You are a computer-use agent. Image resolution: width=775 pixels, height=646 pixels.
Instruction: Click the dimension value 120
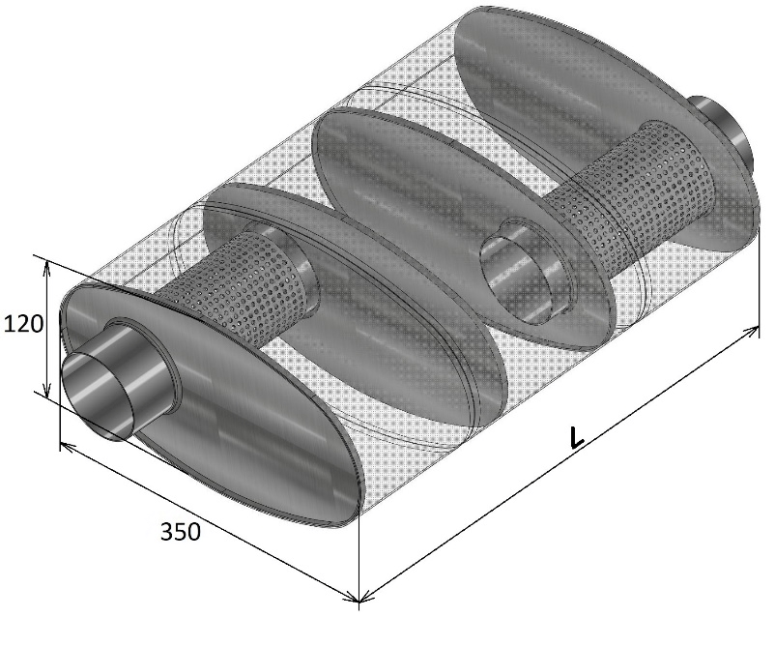pos(23,324)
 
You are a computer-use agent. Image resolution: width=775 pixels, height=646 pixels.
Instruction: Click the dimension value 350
pos(181,532)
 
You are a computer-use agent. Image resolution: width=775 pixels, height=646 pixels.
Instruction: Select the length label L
pos(576,437)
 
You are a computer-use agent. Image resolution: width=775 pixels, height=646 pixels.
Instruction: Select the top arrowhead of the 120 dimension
pos(47,267)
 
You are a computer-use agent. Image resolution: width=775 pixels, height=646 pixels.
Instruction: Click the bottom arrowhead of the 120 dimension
pos(47,391)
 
